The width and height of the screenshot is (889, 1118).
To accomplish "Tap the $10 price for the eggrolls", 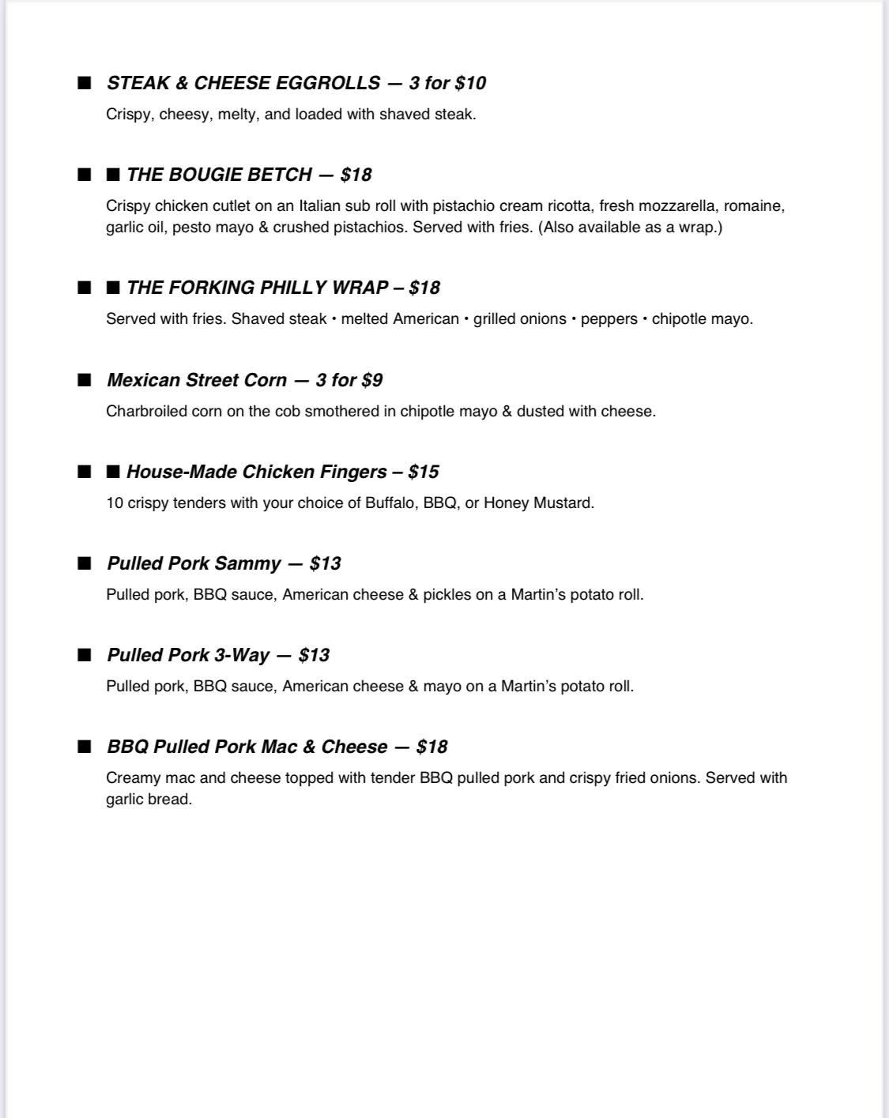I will (470, 83).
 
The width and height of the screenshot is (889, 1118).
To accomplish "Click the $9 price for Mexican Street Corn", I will (371, 380).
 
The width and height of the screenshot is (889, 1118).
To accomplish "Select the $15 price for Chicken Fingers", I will (424, 472).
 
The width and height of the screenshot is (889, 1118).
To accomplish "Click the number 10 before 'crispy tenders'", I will (115, 503).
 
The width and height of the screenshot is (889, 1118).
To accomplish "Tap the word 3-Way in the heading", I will (242, 655).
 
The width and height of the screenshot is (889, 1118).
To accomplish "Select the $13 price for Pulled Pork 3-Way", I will (314, 655).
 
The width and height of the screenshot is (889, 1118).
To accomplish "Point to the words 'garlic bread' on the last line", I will (149, 799).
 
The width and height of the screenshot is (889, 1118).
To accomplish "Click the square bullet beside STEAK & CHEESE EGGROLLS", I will (85, 83).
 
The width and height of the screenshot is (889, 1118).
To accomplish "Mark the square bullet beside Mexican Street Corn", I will (85, 380).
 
